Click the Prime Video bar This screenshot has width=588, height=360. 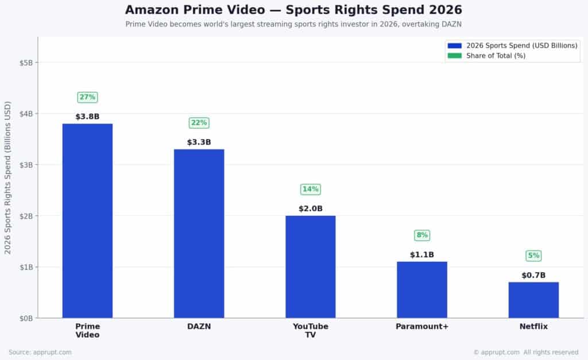point(87,220)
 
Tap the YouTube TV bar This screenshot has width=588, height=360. point(310,266)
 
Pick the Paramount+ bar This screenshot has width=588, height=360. point(421,289)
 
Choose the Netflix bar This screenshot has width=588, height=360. point(533,300)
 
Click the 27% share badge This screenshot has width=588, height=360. point(87,97)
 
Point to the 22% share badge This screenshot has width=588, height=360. point(199,123)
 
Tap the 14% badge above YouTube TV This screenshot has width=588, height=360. point(310,189)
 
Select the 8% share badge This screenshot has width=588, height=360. point(421,235)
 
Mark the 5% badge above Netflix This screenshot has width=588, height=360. point(533,256)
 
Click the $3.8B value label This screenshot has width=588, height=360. point(87,117)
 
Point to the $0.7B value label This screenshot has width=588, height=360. point(533,275)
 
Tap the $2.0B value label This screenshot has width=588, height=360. point(310,208)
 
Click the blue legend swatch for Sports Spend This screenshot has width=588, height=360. point(455,45)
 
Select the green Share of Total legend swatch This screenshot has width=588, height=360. point(455,56)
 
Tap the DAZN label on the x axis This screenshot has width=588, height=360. point(199,327)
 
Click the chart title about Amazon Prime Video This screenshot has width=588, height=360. point(293,10)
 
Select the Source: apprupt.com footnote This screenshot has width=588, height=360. point(40,352)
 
